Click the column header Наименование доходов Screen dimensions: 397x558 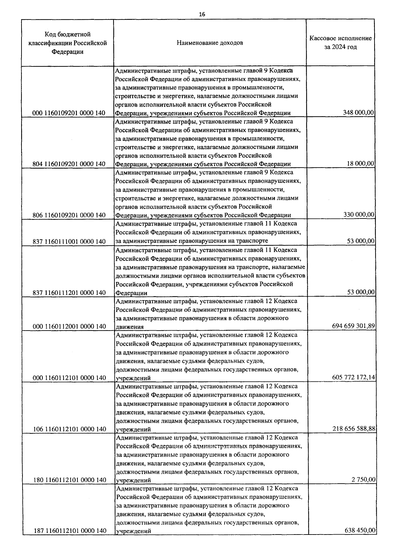[x=210, y=43]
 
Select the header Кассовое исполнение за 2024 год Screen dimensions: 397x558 [x=340, y=43]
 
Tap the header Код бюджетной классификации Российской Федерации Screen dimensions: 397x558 [x=68, y=43]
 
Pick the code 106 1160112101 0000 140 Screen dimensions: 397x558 [x=70, y=429]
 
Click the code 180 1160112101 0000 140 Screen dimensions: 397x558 [x=70, y=480]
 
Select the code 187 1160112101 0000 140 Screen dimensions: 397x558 [x=70, y=531]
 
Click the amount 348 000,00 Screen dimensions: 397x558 [x=358, y=113]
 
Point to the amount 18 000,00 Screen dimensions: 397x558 [x=361, y=164]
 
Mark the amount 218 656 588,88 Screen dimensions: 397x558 [x=354, y=429]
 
